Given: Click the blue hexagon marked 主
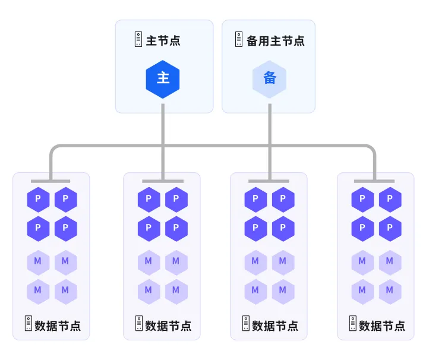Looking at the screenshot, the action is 163,79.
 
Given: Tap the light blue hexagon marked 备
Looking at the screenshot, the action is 270,79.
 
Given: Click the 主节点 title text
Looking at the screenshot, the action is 163,41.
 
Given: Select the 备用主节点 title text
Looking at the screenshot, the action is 276,41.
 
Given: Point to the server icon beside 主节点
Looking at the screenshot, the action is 138,39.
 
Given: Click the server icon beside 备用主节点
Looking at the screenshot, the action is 239,39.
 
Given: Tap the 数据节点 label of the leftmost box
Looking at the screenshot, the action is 58,326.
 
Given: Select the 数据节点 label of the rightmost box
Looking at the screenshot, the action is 382,326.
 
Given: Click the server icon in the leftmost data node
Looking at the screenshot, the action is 29,323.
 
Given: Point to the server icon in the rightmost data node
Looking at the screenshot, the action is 353,323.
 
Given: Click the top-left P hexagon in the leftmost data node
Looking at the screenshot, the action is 38,200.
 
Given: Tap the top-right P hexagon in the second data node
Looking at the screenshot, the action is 176,200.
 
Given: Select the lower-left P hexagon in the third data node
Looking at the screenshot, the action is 255,229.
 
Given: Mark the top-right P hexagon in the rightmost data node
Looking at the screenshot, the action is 390,200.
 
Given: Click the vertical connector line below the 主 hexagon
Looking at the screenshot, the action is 163,142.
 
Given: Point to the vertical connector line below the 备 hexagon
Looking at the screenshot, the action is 270,142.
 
